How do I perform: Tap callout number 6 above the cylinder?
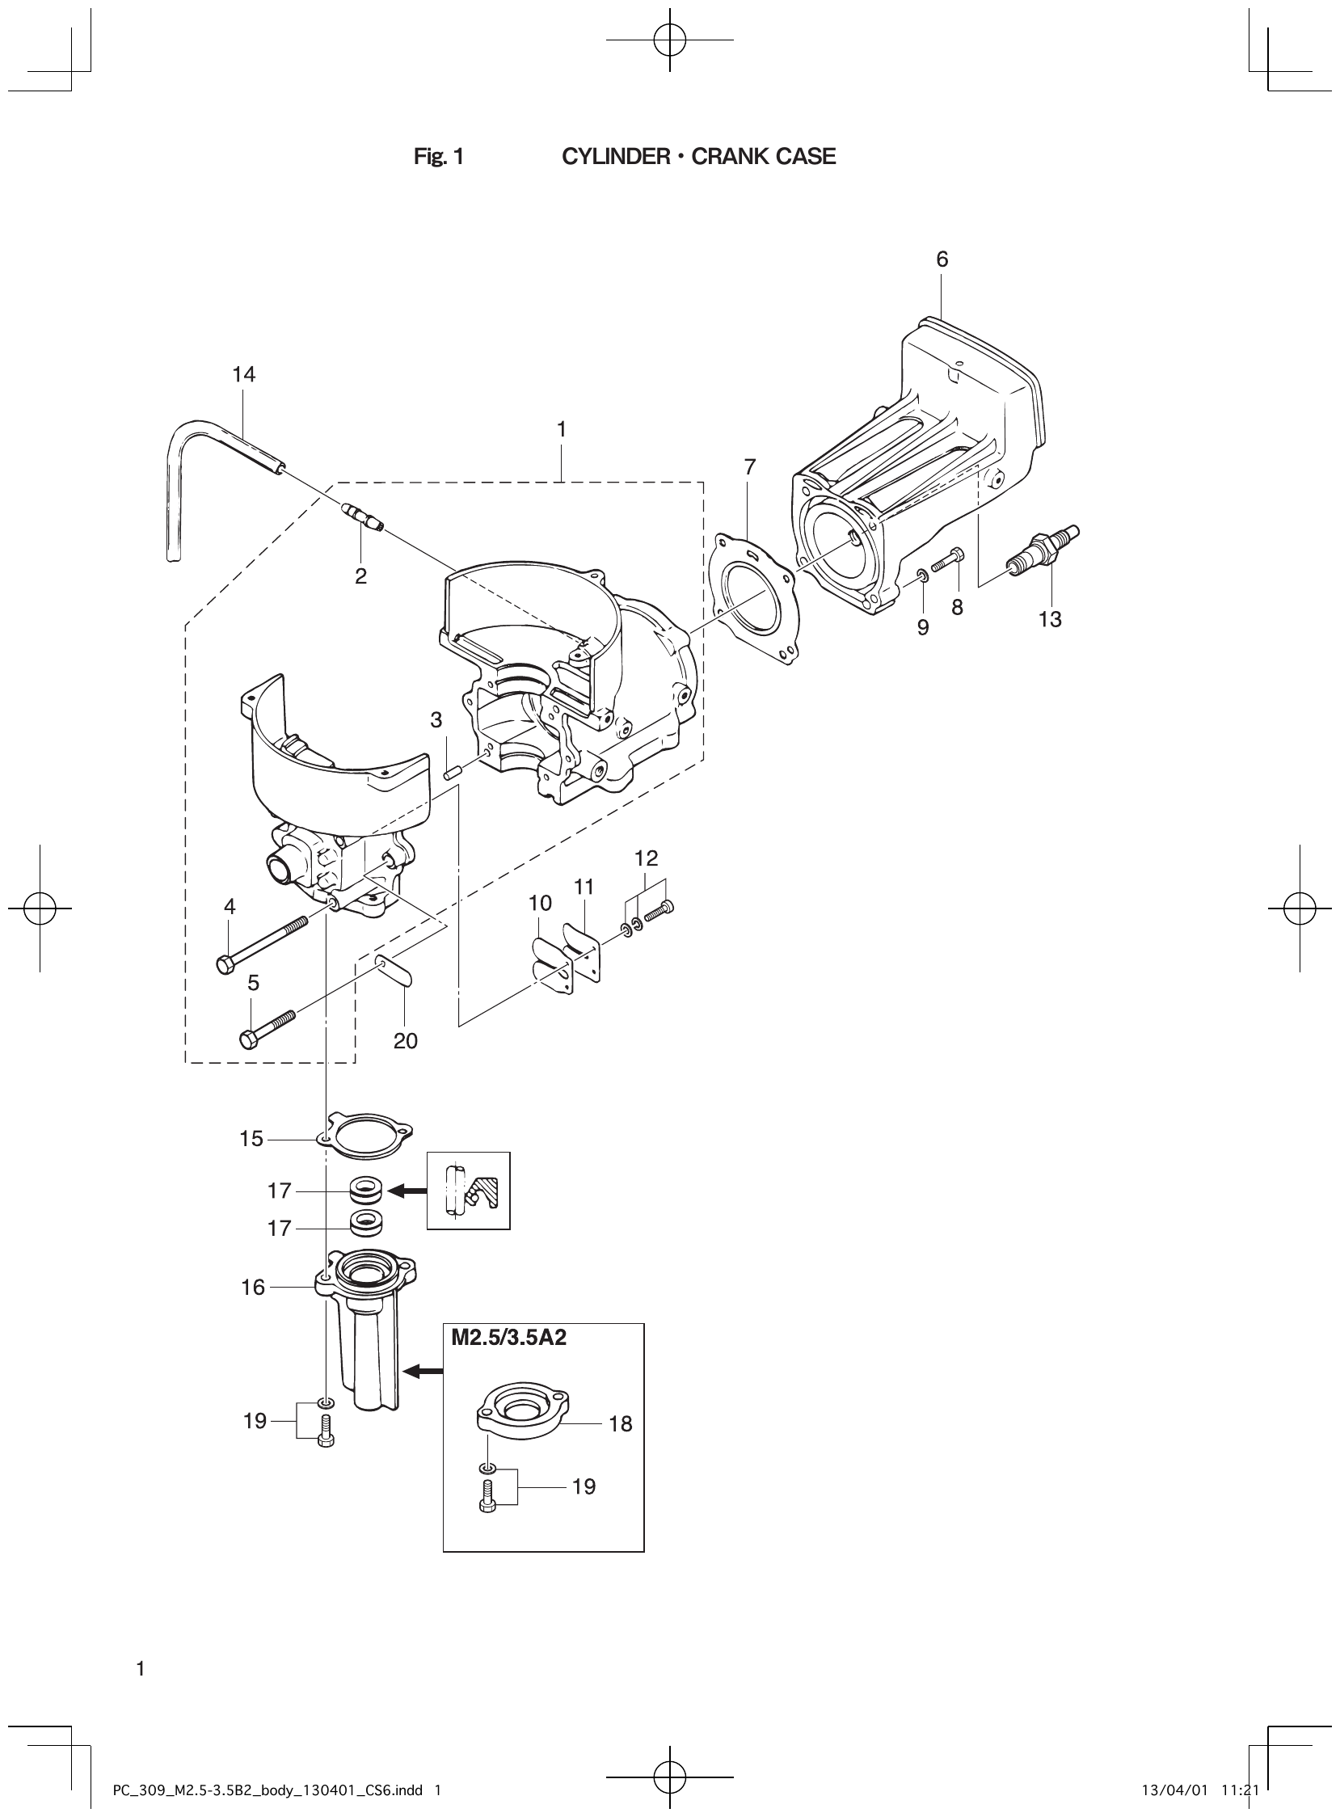tap(941, 259)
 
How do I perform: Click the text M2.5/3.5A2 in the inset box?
tap(508, 1338)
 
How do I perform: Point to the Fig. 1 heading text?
tap(438, 157)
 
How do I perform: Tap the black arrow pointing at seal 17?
tap(408, 1191)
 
